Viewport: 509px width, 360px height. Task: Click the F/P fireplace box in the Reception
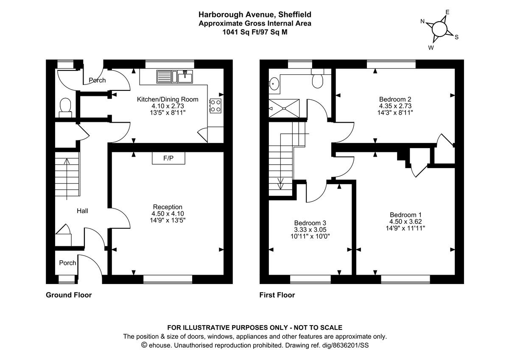[x=168, y=158]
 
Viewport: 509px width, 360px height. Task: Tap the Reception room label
[x=168, y=207]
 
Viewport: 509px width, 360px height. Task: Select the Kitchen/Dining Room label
[x=167, y=99]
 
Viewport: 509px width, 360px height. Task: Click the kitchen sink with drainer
[x=175, y=76]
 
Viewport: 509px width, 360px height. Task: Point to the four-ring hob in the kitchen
[x=215, y=106]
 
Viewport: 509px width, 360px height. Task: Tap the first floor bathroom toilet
[x=318, y=81]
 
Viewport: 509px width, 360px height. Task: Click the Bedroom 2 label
[x=395, y=99]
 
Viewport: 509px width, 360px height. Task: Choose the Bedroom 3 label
[x=310, y=223]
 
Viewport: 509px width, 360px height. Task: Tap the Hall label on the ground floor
[x=82, y=211]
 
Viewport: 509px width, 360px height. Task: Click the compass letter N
[x=422, y=21]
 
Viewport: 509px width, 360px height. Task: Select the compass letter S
[x=457, y=37]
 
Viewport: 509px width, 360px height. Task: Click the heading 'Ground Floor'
[x=69, y=295]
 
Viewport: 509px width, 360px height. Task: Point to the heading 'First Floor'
[x=277, y=295]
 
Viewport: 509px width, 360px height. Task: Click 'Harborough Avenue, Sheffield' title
[x=255, y=15]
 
